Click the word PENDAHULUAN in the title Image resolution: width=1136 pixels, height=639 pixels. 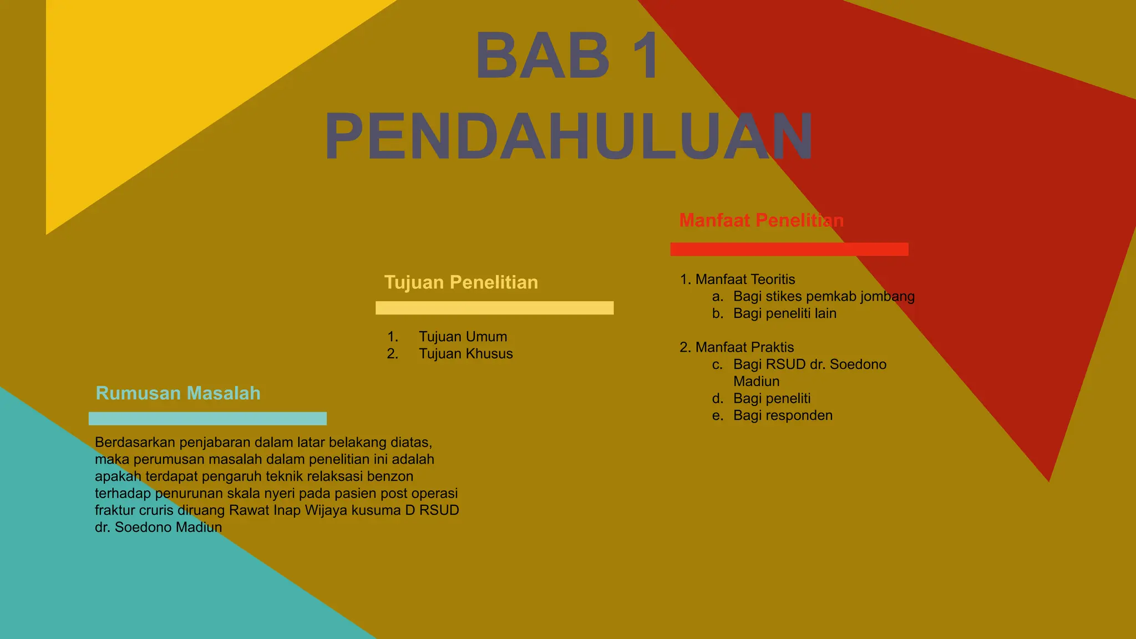tap(569, 136)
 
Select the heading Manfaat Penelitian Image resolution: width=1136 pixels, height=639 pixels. tap(761, 220)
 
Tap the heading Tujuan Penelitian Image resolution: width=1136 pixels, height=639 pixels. tap(461, 282)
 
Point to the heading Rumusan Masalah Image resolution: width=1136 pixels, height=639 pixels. tap(178, 393)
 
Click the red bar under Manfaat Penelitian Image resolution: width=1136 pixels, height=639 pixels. tap(789, 249)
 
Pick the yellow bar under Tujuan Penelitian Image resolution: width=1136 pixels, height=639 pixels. tap(494, 308)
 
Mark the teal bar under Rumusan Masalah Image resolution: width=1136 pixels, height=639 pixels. tap(207, 419)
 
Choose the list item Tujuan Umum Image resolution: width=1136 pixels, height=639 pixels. tap(463, 337)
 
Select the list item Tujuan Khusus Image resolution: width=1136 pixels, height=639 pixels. tap(465, 354)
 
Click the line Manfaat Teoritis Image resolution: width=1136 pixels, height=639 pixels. tap(744, 280)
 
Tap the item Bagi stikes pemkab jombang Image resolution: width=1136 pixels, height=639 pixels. tap(824, 297)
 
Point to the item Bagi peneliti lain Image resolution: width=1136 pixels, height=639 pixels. tap(784, 313)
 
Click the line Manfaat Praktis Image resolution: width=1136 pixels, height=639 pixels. tap(744, 347)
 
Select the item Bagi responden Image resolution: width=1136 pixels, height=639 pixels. tap(783, 415)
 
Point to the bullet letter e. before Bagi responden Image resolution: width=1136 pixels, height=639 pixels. tap(718, 415)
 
